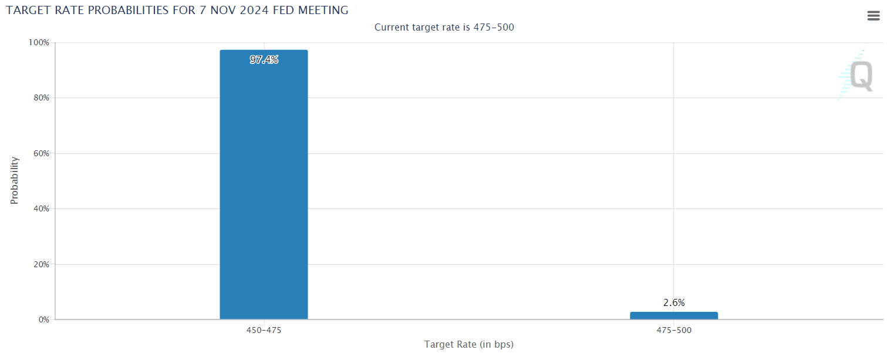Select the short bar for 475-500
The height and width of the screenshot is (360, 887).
point(673,315)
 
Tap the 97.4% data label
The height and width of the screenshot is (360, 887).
point(264,59)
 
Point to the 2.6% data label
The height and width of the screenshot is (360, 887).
point(674,303)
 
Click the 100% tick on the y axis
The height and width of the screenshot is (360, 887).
point(39,43)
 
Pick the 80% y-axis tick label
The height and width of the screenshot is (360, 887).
point(41,98)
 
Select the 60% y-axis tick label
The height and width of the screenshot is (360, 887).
point(41,154)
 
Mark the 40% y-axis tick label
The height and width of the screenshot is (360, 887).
point(41,209)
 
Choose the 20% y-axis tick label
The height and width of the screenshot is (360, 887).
point(41,265)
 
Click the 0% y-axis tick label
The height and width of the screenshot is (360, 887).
point(43,320)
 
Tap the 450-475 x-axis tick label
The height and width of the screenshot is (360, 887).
point(264,331)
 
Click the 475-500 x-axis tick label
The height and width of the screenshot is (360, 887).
point(674,331)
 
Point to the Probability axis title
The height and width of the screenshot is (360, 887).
point(15,180)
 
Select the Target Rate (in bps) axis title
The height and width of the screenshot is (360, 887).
point(468,345)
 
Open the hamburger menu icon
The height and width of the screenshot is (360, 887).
point(873,16)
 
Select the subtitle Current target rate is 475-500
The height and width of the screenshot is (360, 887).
point(444,28)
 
